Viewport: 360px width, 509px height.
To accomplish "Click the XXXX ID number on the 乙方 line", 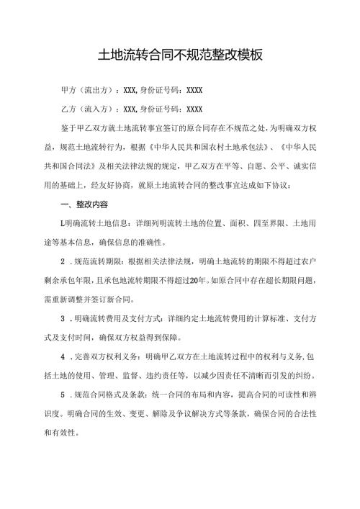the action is pos(194,110).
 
